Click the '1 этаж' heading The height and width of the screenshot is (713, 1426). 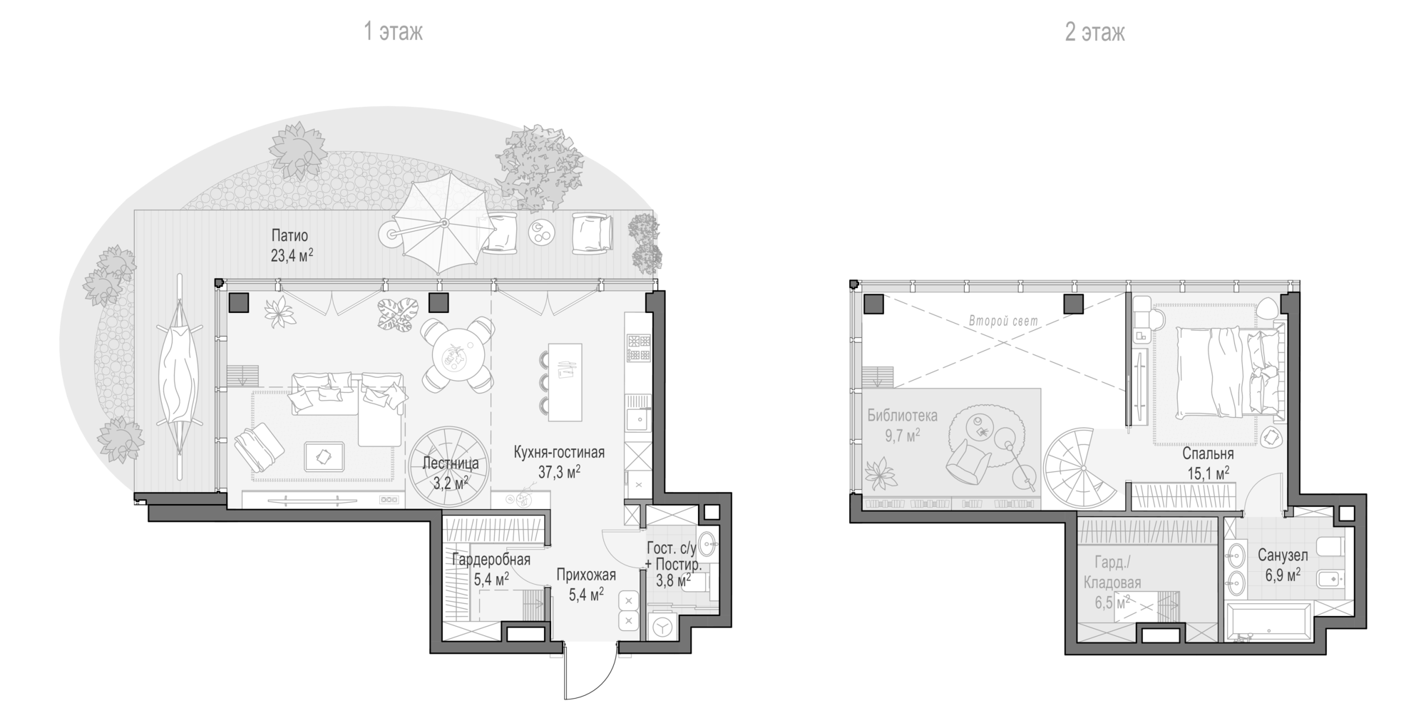pos(393,32)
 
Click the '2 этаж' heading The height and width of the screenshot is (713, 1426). pos(1094,32)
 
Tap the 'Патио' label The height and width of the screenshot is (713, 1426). pos(289,235)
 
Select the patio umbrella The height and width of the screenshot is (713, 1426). pos(441,223)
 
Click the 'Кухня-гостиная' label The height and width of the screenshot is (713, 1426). pos(560,452)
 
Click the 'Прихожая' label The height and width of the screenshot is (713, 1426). pos(586,575)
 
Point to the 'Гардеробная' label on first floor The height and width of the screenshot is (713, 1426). pos(491,560)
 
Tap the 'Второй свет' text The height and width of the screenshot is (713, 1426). pos(1003,322)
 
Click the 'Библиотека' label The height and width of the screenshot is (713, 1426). pos(902,416)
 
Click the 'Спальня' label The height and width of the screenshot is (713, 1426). pos(1208,453)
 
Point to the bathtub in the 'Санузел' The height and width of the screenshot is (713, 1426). pos(1268,622)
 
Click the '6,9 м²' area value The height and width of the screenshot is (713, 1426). pos(1283,574)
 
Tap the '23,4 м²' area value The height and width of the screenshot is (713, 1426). pos(292,255)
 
